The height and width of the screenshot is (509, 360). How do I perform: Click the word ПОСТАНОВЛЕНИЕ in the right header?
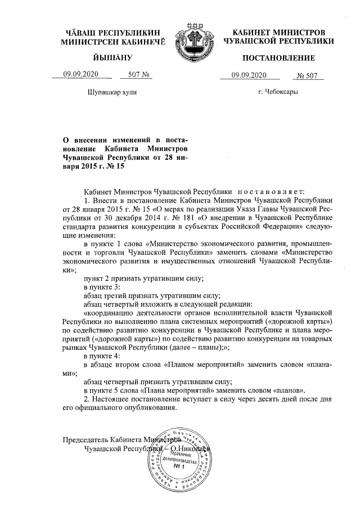pos(278,59)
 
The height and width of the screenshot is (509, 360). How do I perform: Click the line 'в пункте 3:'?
pos(102,288)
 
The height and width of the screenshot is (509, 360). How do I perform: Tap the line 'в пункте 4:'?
pos(102,356)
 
